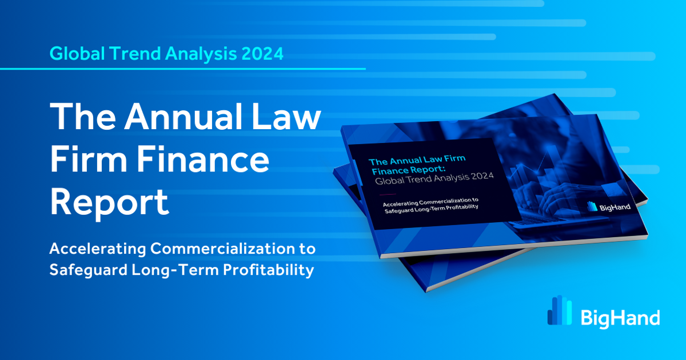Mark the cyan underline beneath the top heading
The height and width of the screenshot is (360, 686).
pyautogui.click(x=183, y=69)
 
